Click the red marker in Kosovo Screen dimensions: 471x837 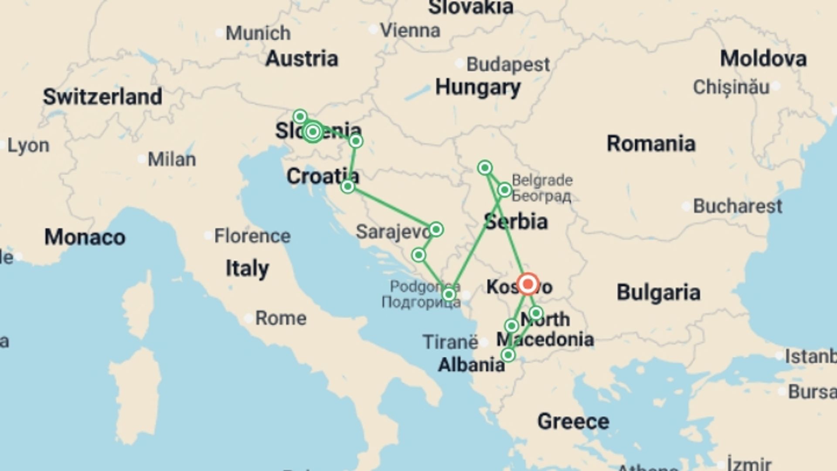point(528,284)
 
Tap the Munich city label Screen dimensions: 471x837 point(258,33)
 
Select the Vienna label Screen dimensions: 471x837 point(410,30)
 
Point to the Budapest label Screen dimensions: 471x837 point(508,65)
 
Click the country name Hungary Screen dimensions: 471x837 point(478,87)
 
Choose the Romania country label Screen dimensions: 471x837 point(651,143)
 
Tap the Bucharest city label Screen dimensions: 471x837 point(738,206)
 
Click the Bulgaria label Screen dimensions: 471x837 point(658,292)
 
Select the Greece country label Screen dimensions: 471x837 point(573,421)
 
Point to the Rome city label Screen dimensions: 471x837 point(280,318)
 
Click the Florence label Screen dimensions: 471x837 point(252,236)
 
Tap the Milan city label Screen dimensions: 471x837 point(172,160)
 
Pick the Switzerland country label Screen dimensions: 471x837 point(102,96)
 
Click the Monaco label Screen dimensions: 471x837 point(85,237)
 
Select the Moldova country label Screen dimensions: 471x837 point(763,58)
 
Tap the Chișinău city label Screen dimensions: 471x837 point(731,87)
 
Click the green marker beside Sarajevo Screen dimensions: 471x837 point(436,229)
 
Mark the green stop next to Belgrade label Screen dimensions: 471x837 point(504,190)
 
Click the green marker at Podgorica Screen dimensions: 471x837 point(449,295)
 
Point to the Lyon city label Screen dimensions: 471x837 point(28,146)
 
